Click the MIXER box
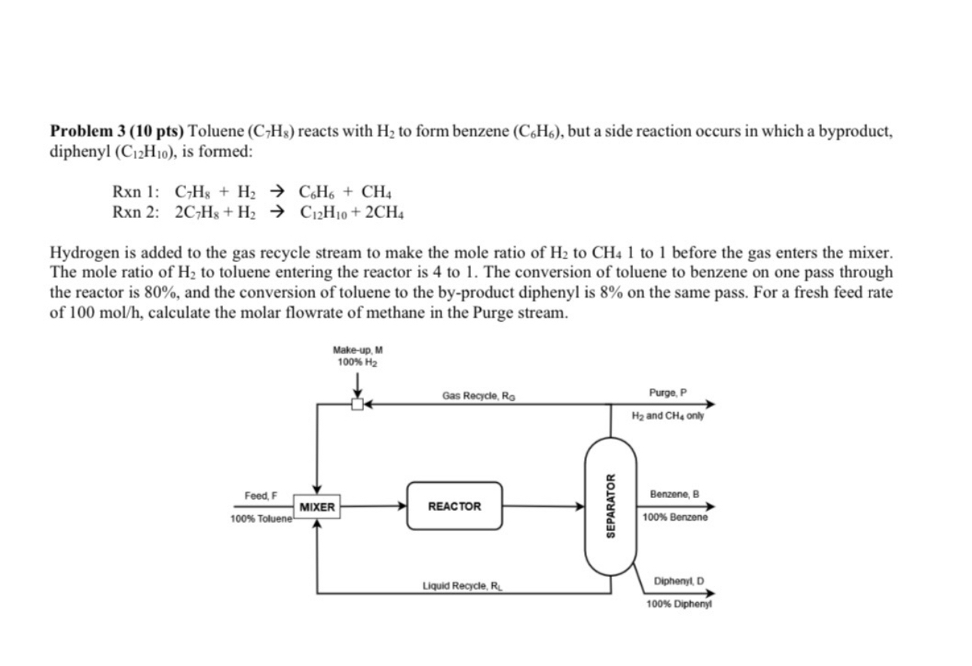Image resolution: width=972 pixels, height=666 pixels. pos(316,507)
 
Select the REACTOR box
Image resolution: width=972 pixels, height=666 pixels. pos(454,506)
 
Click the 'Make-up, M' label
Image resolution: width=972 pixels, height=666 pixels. pos(357,350)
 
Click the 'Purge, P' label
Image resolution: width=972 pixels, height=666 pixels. pos(668,393)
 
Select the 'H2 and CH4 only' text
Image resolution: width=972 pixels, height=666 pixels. pos(668,416)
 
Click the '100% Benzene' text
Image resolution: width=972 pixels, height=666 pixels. pos(674,518)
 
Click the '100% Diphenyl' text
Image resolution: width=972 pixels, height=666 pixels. pos(679,604)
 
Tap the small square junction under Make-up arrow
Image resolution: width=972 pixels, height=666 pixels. pos(357,405)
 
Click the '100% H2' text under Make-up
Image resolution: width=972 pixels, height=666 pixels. pos(357,362)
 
